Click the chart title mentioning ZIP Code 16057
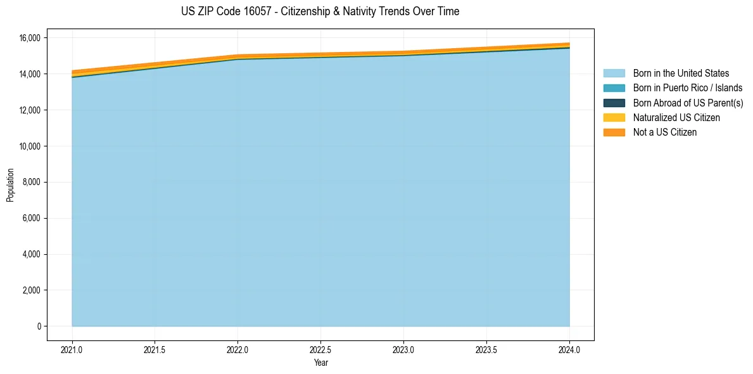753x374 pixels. click(x=320, y=11)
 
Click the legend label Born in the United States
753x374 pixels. click(x=681, y=74)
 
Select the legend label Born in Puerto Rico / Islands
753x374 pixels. click(x=687, y=88)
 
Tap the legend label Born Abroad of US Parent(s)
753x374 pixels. click(x=688, y=103)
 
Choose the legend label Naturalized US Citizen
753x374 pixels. click(x=676, y=118)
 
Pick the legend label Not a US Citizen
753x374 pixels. click(x=664, y=132)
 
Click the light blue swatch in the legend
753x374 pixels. click(x=614, y=74)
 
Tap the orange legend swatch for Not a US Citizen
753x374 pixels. click(x=614, y=132)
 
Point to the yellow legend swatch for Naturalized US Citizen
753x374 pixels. click(x=614, y=118)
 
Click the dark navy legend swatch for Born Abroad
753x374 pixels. click(x=614, y=103)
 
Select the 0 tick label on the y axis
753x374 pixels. click(x=39, y=326)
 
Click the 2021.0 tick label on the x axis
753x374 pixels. click(x=72, y=350)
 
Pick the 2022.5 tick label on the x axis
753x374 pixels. click(x=320, y=350)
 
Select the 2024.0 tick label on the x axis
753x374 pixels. click(x=569, y=350)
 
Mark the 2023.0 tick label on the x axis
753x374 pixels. click(x=403, y=350)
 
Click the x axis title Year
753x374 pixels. click(x=320, y=363)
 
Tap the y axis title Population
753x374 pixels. click(x=10, y=185)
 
